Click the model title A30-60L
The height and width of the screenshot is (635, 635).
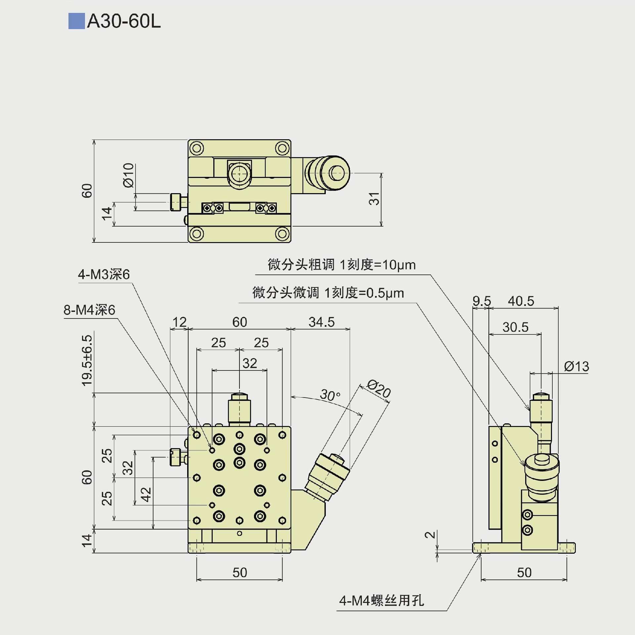[x=124, y=21]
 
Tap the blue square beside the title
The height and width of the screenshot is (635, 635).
[x=76, y=21]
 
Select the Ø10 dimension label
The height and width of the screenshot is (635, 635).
[x=128, y=175]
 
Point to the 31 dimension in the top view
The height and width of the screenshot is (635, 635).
[x=374, y=199]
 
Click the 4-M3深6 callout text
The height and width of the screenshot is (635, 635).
[x=104, y=275]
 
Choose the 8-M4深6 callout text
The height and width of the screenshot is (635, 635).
[x=89, y=310]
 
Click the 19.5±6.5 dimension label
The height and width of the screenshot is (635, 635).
[x=87, y=360]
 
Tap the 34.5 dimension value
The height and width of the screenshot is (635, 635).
[x=321, y=322]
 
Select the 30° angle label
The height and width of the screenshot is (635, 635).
[x=330, y=395]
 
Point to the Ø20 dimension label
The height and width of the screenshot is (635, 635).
[x=379, y=389]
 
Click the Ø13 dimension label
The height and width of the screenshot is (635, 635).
[x=576, y=366]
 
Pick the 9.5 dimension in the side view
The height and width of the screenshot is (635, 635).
[x=482, y=301]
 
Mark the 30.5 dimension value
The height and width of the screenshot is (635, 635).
[x=515, y=327]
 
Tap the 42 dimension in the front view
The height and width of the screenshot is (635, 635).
[x=146, y=494]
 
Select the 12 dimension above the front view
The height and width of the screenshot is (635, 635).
[x=180, y=322]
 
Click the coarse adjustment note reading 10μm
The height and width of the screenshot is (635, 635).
[x=342, y=265]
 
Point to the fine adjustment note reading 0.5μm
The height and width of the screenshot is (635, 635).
[x=328, y=293]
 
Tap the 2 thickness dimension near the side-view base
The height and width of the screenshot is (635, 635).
[x=430, y=535]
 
